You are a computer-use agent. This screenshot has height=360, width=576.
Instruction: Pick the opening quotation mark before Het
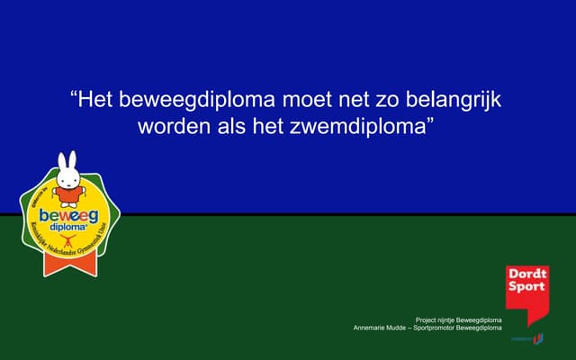click(74, 95)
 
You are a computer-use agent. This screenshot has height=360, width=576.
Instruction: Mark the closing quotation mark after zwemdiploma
click(429, 121)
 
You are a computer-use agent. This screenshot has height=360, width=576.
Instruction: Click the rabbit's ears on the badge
click(67, 161)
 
